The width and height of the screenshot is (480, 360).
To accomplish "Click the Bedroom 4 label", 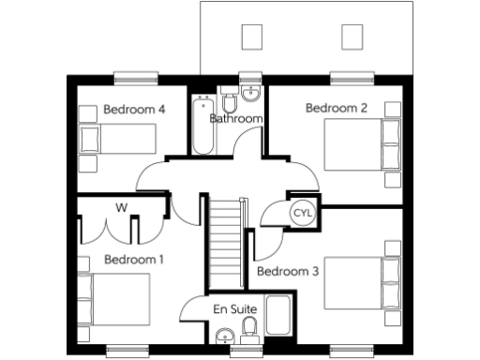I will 134,110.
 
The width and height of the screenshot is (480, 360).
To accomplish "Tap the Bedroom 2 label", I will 337,108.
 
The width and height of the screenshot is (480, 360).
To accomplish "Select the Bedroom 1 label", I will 134,259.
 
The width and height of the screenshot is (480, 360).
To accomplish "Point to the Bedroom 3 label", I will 288,272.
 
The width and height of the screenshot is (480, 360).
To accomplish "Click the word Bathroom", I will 235,119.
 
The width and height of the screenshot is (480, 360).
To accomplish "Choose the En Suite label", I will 233,308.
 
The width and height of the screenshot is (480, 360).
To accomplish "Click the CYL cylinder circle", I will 303,213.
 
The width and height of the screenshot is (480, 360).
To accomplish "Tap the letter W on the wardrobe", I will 122,206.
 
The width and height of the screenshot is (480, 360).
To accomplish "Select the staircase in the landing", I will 225,235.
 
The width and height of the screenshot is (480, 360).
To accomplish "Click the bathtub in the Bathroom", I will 202,125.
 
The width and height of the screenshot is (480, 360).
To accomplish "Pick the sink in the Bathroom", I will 249,95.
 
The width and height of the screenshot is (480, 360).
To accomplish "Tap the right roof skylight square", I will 352,37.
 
